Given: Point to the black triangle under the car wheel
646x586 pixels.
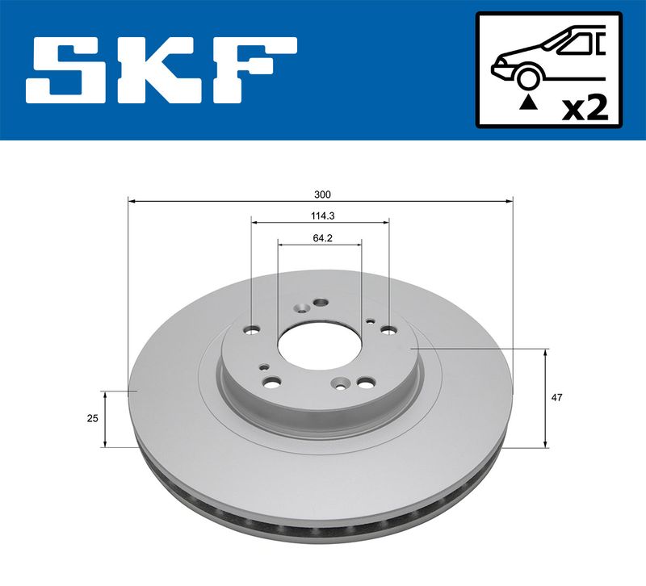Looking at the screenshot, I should click(528, 102).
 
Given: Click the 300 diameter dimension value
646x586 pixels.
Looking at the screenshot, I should click(322, 195).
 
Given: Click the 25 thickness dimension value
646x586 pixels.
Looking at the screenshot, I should click(93, 418).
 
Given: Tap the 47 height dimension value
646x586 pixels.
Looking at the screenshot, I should click(557, 398).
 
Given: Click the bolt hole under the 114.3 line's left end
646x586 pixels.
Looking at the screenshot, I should click(251, 330).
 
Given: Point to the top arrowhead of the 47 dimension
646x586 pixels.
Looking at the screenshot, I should click(546, 354).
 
